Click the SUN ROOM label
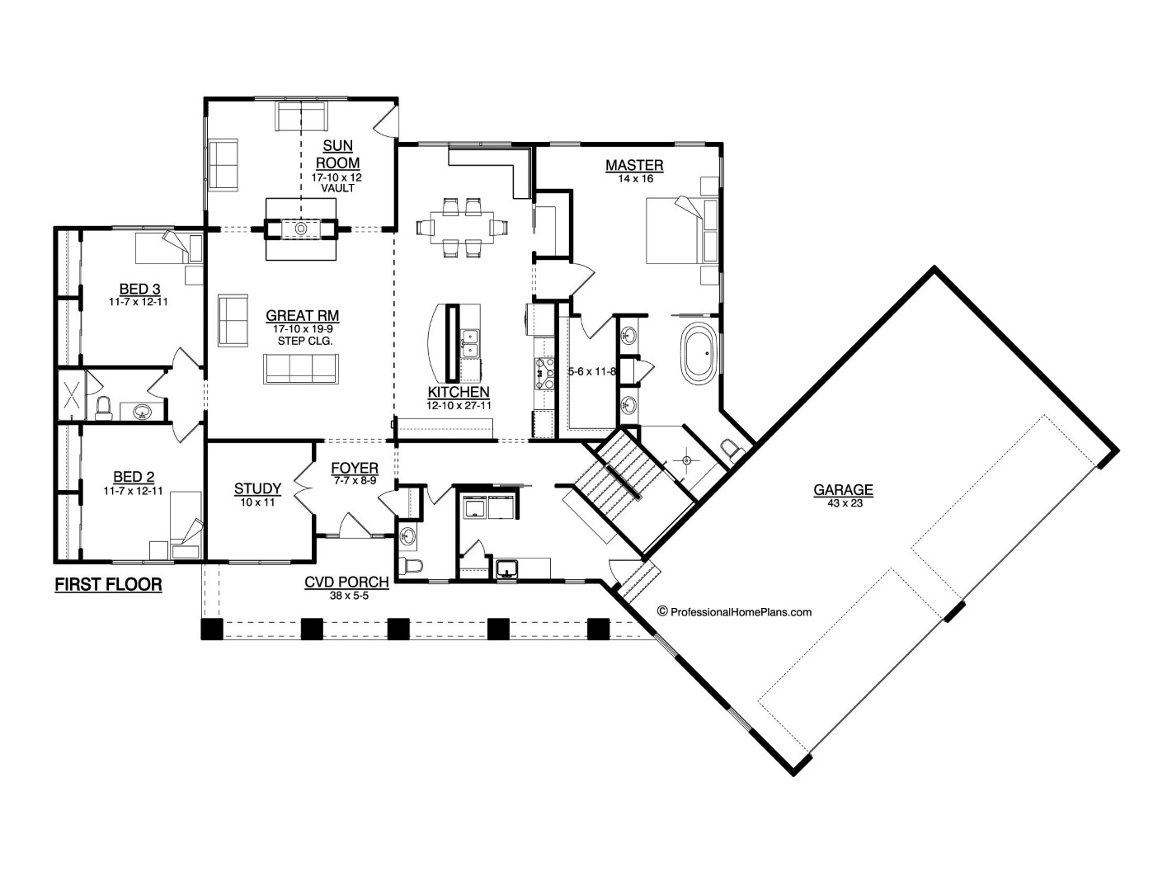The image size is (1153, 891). [337, 154]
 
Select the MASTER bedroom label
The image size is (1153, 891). [634, 166]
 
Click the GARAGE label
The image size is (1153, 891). [843, 490]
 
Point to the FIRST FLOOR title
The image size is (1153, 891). [108, 585]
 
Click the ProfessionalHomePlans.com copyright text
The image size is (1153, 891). [734, 611]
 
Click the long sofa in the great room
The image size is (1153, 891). [301, 369]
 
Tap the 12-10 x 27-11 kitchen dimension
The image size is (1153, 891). [459, 405]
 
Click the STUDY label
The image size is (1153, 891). [257, 489]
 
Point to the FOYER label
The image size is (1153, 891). [355, 469]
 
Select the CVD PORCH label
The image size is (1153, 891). [346, 582]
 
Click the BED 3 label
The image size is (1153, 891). [139, 289]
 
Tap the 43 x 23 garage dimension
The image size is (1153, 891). [843, 503]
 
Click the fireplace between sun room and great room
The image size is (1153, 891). [302, 228]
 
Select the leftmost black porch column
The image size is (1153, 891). [212, 629]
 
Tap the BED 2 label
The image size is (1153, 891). [134, 476]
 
